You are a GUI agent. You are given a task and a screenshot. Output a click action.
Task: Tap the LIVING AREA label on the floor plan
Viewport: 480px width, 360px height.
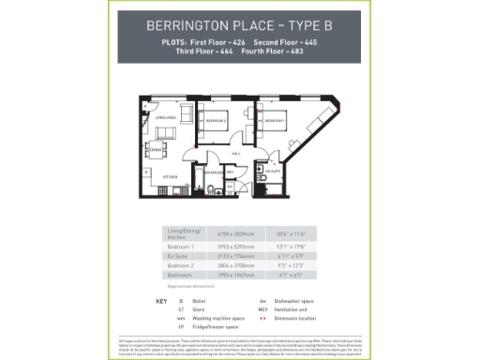point(167,117)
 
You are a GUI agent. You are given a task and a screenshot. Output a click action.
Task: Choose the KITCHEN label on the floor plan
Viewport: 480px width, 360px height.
point(172,176)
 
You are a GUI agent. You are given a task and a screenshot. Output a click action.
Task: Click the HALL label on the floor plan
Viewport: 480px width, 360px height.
point(235,153)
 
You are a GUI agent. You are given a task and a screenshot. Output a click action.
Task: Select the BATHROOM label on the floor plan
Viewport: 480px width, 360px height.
point(215,172)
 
